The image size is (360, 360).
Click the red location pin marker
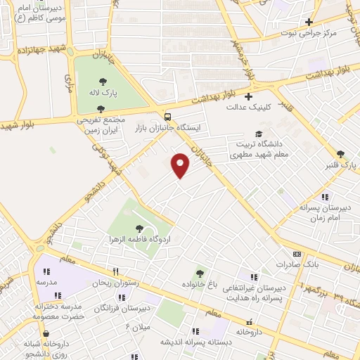(x=181, y=164)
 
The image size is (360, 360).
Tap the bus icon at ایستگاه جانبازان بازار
(x=167, y=117)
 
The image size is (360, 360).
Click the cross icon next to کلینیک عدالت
(x=247, y=97)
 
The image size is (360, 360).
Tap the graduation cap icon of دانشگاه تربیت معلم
(x=259, y=133)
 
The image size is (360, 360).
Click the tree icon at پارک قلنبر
(x=341, y=154)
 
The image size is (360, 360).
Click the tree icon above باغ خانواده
(x=200, y=273)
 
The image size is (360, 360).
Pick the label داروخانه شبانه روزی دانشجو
(x=45, y=347)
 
